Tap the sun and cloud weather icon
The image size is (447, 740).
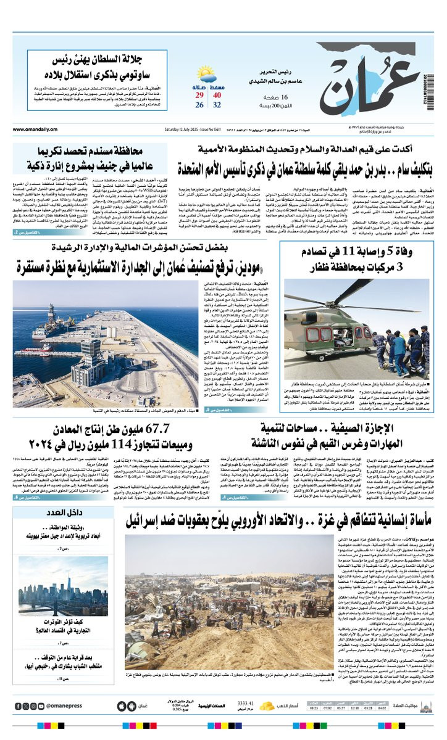pyautogui.click(x=206, y=75)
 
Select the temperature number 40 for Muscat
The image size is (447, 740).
pyautogui.click(x=217, y=95)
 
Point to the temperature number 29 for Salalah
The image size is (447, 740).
pyautogui.click(x=199, y=95)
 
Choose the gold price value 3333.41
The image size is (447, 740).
pyautogui.click(x=246, y=703)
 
